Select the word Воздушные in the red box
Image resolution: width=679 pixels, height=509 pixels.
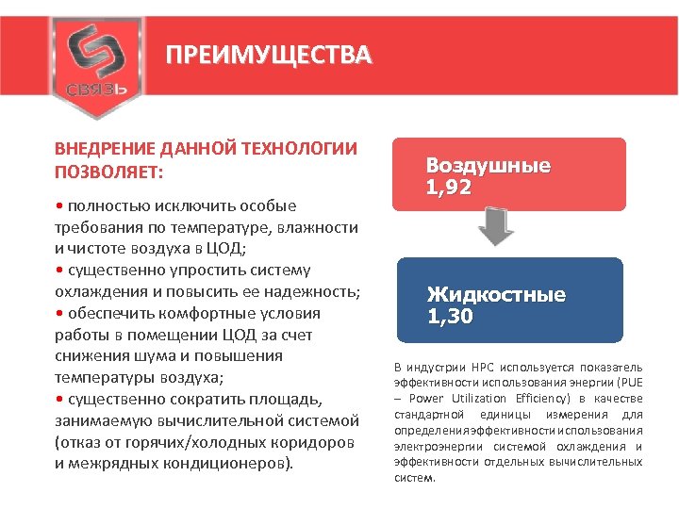(x=489, y=166)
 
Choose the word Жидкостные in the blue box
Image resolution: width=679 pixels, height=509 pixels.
(x=496, y=295)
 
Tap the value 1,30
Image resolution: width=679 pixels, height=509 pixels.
(x=449, y=317)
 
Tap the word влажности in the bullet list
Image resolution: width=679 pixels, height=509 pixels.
(x=316, y=227)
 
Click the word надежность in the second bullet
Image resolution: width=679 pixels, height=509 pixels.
(x=306, y=292)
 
